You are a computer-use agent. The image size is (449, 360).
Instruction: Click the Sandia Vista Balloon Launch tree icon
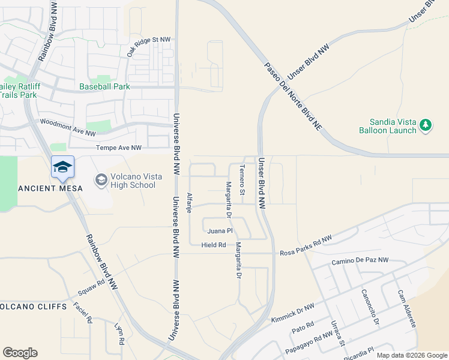click(x=426, y=124)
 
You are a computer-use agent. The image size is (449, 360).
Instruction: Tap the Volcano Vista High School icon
click(x=101, y=179)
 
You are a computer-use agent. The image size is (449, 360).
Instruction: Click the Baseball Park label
click(x=104, y=86)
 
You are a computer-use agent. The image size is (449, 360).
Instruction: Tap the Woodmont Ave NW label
click(x=67, y=127)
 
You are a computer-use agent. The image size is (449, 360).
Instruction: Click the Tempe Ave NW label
click(x=119, y=148)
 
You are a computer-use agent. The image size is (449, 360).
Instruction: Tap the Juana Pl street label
click(x=219, y=230)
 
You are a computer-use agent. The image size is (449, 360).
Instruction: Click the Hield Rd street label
click(x=214, y=245)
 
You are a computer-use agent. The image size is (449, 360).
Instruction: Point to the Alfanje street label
click(x=189, y=203)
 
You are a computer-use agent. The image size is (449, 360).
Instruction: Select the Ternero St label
click(x=243, y=180)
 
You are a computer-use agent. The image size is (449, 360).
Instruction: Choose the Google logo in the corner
click(x=20, y=353)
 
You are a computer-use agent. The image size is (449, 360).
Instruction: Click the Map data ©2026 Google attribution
click(x=411, y=355)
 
